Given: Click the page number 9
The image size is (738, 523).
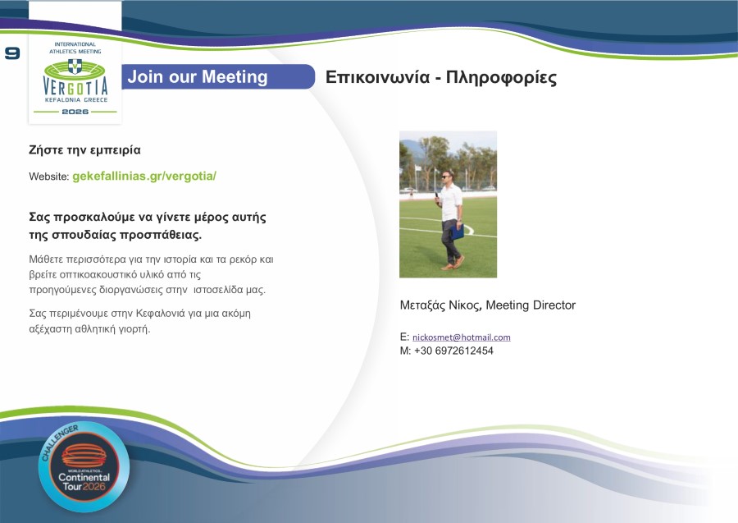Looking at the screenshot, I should coord(11,53).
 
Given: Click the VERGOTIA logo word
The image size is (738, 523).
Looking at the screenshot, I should coord(75,85).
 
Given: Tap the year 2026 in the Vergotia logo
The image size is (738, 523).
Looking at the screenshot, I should coord(75,111).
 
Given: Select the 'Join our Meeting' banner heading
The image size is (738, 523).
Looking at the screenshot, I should coord(198,77).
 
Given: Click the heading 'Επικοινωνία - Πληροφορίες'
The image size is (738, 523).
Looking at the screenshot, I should coord(441,78).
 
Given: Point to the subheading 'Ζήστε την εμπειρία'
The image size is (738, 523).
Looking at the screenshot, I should coord(84,150).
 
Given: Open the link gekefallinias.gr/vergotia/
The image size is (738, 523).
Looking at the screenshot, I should coord(144,177).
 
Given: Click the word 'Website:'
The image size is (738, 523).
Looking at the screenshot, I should coord(48,177).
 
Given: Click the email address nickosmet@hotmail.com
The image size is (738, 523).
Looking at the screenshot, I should coord(461,337).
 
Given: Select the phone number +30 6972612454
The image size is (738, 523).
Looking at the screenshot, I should coord(453,351).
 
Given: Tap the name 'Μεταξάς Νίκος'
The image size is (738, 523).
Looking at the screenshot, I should coord(440,305).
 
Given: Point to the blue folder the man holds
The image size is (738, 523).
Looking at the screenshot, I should coord(457,231).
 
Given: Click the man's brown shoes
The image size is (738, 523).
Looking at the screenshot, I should coord(452,264).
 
